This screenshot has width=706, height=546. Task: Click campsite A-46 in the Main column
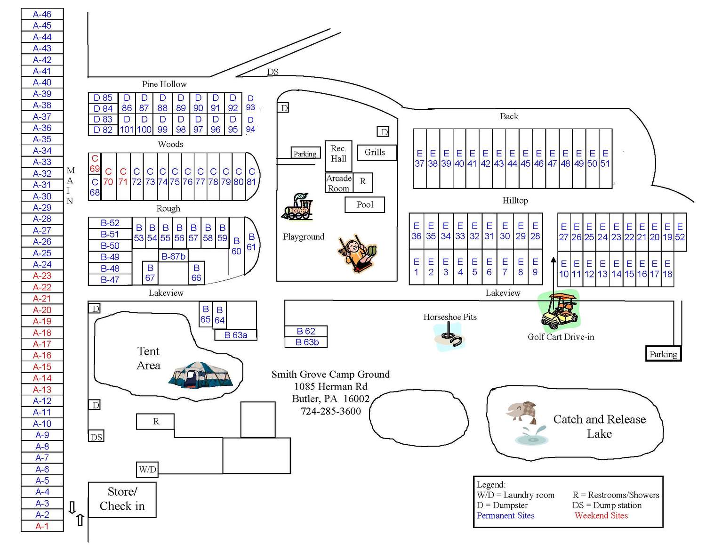pyautogui.click(x=42, y=14)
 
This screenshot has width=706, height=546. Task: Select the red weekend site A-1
pyautogui.click(x=42, y=526)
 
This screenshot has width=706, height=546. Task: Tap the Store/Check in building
pyautogui.click(x=122, y=499)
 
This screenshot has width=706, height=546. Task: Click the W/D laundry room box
pyautogui.click(x=147, y=469)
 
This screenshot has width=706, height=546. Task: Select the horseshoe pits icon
pyautogui.click(x=449, y=338)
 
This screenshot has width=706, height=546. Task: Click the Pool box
pyautogui.click(x=365, y=204)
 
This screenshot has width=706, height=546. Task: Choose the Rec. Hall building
pyautogui.click(x=338, y=154)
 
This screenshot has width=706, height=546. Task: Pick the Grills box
pyautogui.click(x=375, y=152)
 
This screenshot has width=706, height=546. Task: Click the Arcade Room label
pyautogui.click(x=339, y=183)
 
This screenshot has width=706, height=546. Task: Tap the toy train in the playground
pyautogui.click(x=298, y=207)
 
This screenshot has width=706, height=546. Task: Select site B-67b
pyautogui.click(x=173, y=256)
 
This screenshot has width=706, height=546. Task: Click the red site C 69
pyautogui.click(x=95, y=163)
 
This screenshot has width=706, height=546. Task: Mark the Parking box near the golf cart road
pyautogui.click(x=663, y=354)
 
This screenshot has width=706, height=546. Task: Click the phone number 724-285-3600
pyautogui.click(x=331, y=411)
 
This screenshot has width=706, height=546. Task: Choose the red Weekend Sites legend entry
pyautogui.click(x=601, y=515)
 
